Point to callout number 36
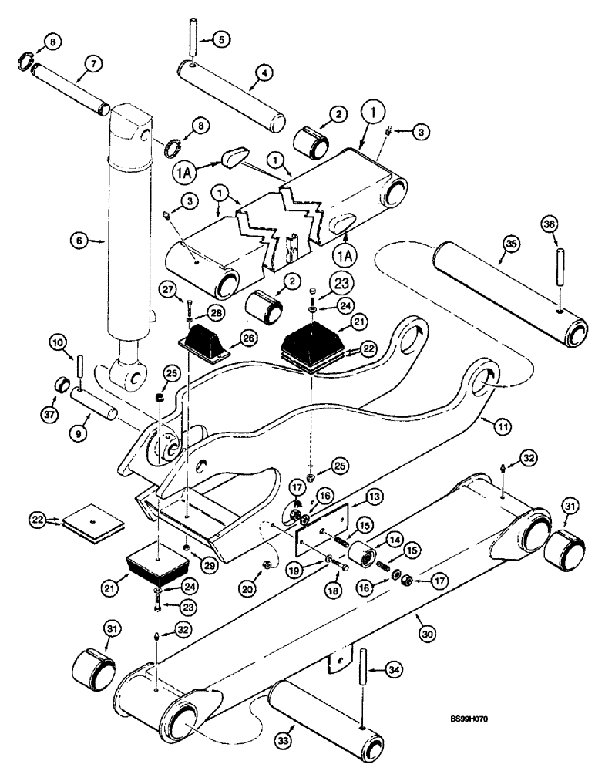point(548,225)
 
